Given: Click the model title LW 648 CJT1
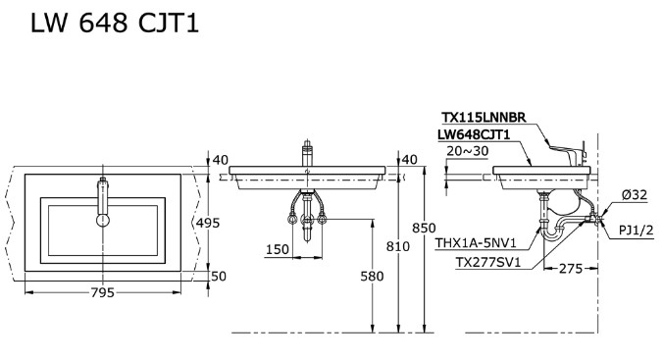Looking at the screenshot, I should (x=116, y=23).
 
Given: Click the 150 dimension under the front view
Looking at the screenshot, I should (x=278, y=250).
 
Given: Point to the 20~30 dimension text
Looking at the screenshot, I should (x=466, y=151).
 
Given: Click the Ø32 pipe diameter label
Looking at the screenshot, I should (x=633, y=195).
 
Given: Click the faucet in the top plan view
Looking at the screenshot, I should (x=101, y=201).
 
